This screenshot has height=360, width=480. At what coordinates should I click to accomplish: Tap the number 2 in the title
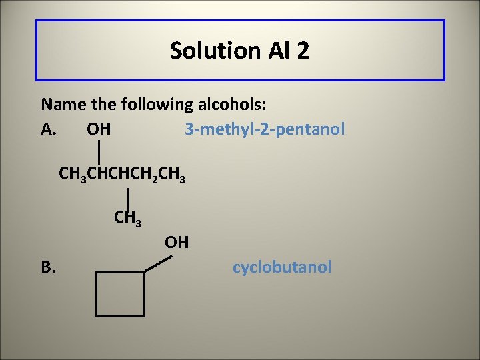click(x=303, y=50)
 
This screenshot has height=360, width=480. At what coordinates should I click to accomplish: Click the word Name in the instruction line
click(x=60, y=104)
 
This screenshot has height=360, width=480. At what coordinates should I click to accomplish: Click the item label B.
click(x=48, y=267)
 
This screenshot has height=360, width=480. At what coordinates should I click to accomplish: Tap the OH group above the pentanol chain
click(x=99, y=128)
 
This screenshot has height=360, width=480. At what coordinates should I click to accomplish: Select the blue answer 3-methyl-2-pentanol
click(x=265, y=128)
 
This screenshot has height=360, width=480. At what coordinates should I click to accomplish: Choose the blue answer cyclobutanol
click(x=281, y=267)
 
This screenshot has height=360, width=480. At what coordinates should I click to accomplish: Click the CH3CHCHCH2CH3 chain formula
click(x=121, y=175)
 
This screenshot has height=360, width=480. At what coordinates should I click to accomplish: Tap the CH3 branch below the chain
click(x=127, y=217)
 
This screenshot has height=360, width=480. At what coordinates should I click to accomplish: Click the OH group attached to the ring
click(x=177, y=241)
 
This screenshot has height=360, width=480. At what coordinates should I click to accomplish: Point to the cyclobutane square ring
click(x=120, y=293)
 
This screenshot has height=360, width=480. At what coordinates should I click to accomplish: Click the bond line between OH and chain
click(x=99, y=151)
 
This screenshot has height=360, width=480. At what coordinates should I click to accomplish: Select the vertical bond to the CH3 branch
click(x=127, y=197)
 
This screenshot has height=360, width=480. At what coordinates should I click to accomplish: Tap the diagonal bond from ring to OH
click(x=158, y=263)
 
